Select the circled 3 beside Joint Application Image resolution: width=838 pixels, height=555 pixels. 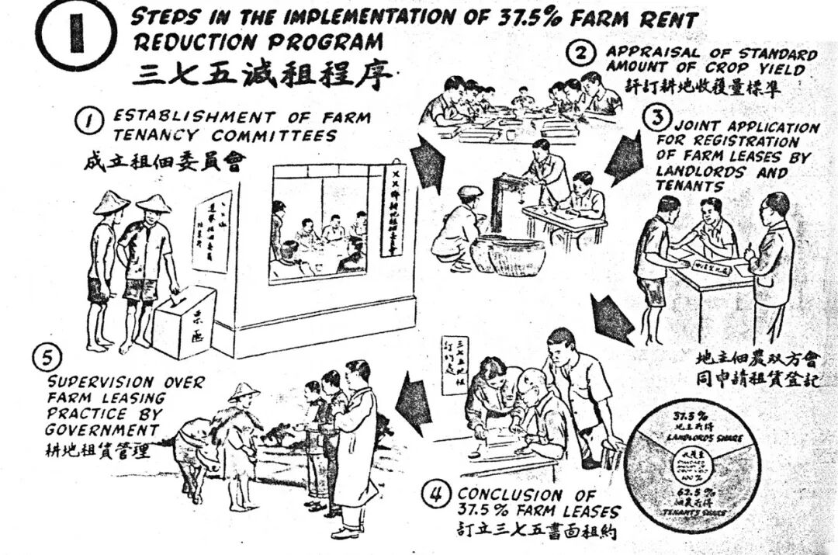point(657,119)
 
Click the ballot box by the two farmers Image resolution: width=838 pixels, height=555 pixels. point(185,321)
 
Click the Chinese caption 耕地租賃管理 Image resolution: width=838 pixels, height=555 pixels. point(98,449)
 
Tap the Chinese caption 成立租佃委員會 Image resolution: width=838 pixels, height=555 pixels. point(164,161)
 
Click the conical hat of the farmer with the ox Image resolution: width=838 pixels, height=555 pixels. point(244,390)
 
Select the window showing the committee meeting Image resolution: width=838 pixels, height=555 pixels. point(319,227)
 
